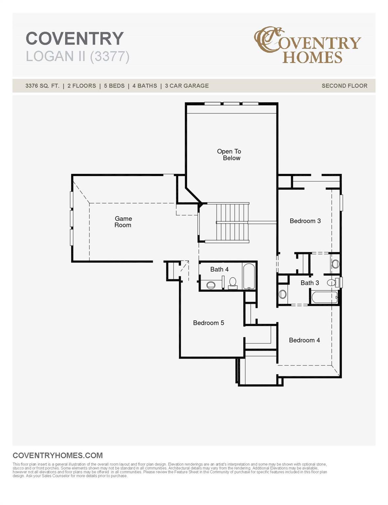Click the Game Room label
coord(123,222)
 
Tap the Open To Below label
coord(229,155)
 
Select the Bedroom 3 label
coord(305,221)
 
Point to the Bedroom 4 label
coord(305,340)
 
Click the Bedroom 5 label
coord(209,323)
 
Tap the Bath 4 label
coord(219,269)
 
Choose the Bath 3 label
coord(310,283)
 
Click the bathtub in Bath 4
coord(249,276)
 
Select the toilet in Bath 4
coord(232,283)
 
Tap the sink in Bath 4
coord(211,285)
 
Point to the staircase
coord(232,223)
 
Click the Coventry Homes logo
coord(308,45)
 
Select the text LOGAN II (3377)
coord(78,57)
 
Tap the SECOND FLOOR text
coord(344,86)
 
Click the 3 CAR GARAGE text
coord(187,86)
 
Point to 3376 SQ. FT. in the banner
coord(42,86)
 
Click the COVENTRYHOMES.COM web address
coord(57,455)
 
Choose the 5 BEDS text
coord(114,86)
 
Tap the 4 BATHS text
coord(145,86)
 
